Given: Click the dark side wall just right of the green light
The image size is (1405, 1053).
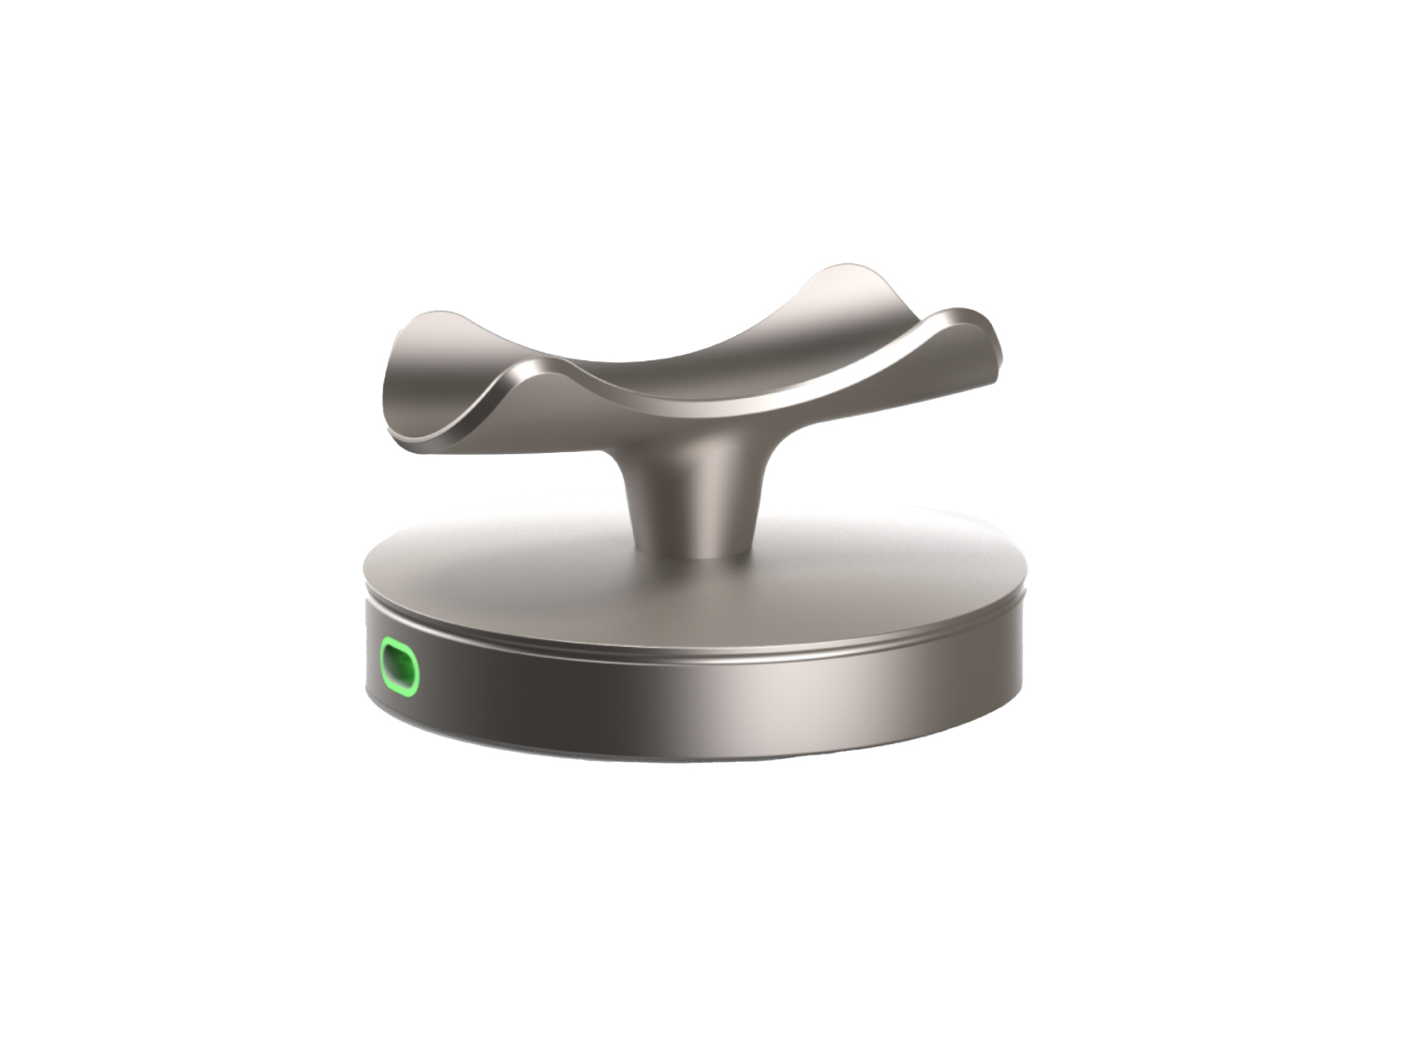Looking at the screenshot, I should click(x=487, y=683).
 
